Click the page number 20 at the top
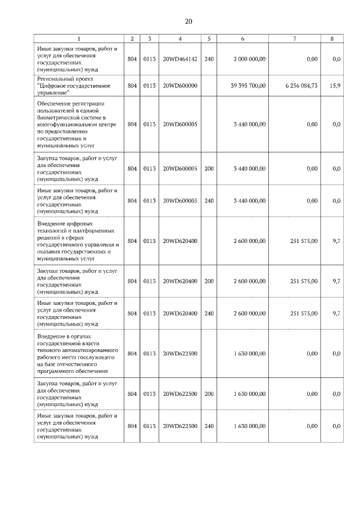coord(188,21)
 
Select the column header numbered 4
coord(179,39)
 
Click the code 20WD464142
coord(179,59)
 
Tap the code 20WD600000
coord(179,85)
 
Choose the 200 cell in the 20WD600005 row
coord(209,168)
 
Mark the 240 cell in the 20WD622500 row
coord(209,426)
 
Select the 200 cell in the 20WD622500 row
coord(209,394)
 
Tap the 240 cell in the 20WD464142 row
coord(209,59)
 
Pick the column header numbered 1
coord(79,39)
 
